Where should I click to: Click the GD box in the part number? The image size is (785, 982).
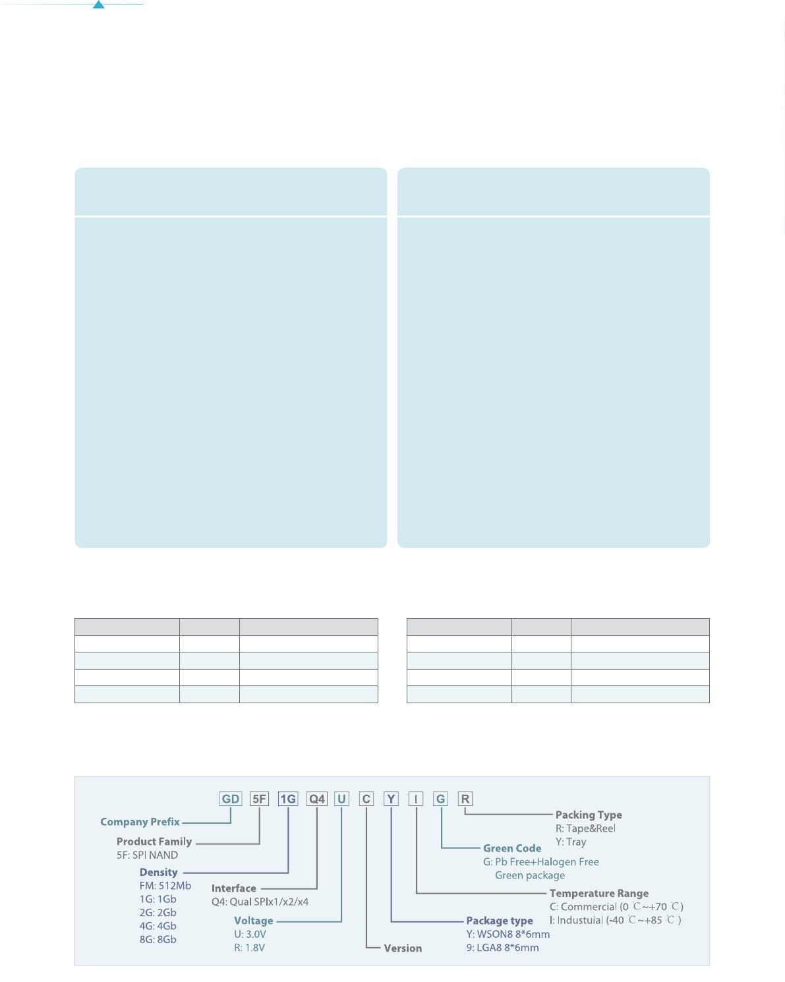click(231, 799)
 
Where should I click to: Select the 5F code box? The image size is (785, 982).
click(260, 799)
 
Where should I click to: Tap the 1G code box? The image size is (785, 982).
click(288, 799)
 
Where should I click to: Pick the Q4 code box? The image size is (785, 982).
click(317, 799)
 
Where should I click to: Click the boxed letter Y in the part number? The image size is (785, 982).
click(392, 799)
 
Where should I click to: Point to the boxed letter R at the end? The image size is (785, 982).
click(465, 799)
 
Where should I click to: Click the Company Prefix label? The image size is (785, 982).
click(140, 822)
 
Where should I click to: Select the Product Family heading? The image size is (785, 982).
click(154, 842)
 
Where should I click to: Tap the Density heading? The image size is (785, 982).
click(158, 872)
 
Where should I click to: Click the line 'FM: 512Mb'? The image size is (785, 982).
click(165, 886)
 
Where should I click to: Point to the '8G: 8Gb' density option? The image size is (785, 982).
click(158, 939)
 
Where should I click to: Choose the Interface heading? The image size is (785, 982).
click(233, 888)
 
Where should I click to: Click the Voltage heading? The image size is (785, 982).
click(253, 921)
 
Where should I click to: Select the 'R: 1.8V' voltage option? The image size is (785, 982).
click(249, 948)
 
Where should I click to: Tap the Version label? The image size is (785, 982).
click(403, 948)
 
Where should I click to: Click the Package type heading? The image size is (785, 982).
click(499, 921)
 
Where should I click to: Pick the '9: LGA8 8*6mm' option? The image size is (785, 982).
click(502, 948)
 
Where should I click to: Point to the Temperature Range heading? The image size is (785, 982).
click(598, 893)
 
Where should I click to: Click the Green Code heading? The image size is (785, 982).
click(512, 848)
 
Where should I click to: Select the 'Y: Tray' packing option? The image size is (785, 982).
click(570, 842)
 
